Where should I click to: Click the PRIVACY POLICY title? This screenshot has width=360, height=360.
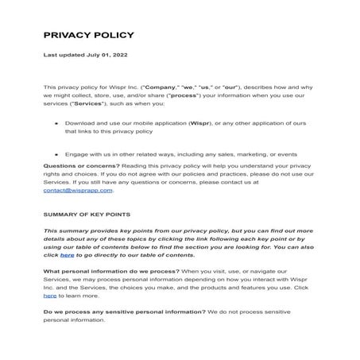click(x=88, y=35)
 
